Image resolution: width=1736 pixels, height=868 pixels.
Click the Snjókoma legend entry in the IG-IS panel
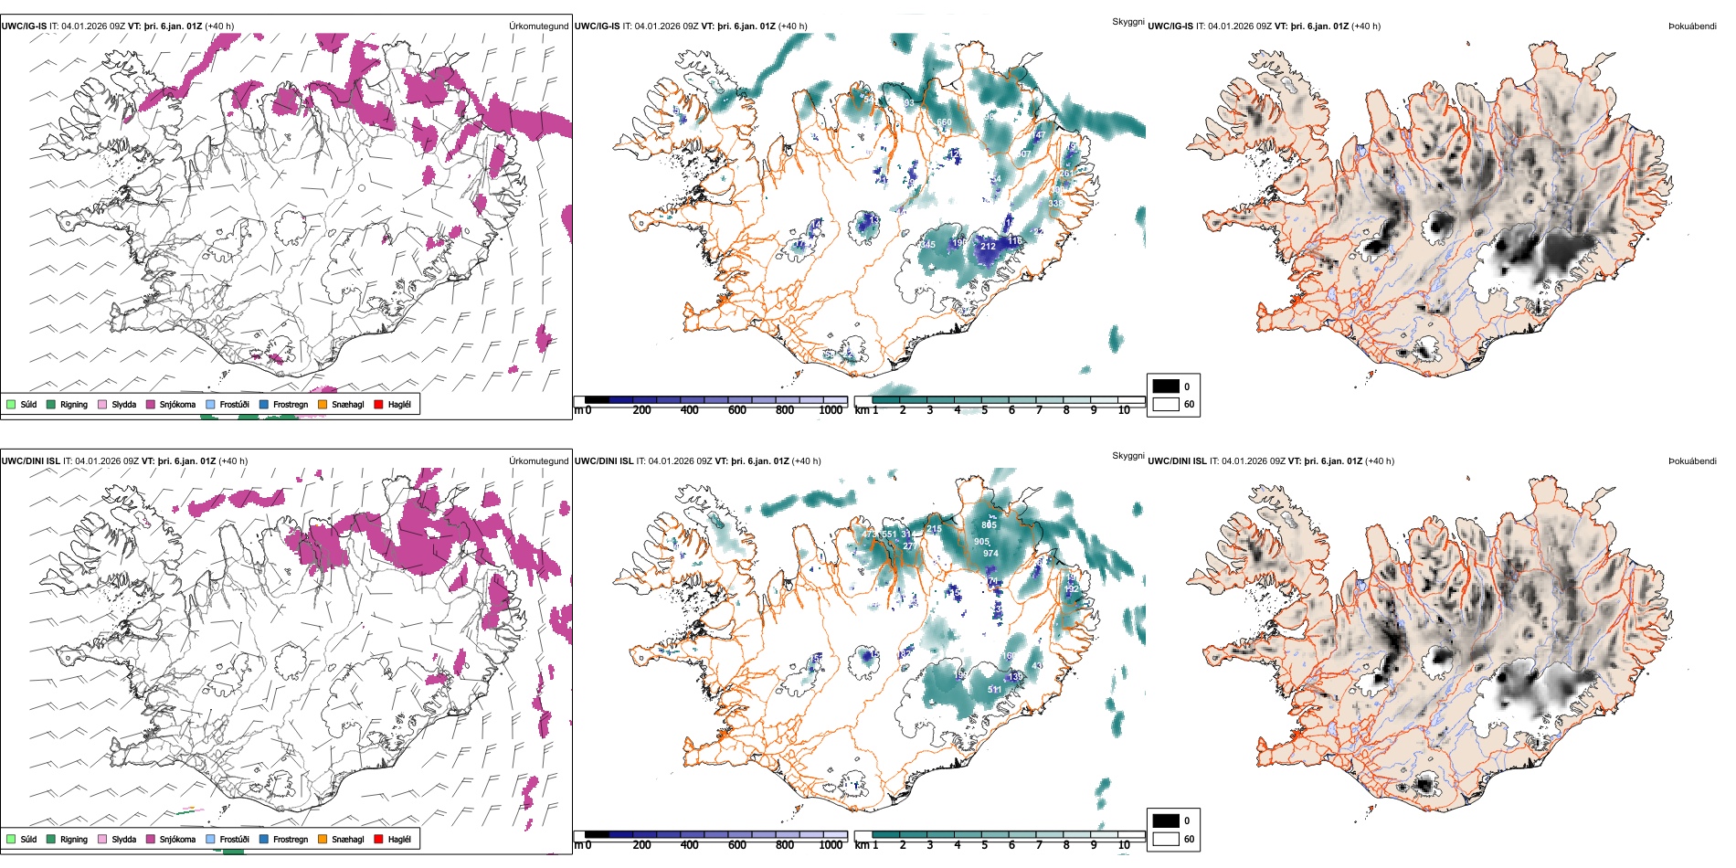pos(177,404)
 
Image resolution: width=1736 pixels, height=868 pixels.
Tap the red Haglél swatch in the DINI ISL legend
pos(378,839)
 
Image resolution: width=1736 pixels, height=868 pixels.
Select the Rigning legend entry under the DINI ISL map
pos(73,839)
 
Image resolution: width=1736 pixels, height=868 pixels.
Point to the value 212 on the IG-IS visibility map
pos(988,246)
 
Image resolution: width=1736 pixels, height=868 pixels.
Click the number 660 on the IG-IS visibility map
pos(944,122)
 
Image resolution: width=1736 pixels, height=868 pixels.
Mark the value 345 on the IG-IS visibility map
pos(927,244)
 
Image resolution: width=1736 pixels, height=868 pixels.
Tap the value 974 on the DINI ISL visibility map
pos(990,554)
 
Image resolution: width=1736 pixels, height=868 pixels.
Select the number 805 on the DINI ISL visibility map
pos(989,525)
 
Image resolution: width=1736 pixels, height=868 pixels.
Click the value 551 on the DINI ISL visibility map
pos(889,535)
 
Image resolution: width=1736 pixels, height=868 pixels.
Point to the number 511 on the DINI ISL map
pos(994,690)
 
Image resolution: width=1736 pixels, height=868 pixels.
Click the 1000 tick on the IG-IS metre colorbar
pos(831,410)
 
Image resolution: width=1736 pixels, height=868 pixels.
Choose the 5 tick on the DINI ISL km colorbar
pos(984,845)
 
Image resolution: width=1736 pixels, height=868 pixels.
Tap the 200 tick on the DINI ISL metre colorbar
pos(641,845)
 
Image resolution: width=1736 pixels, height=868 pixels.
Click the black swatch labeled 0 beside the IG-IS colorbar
pos(1166,386)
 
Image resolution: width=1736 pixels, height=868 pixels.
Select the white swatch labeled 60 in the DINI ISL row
pos(1166,838)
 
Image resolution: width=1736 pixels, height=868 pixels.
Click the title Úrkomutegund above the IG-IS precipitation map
pos(538,26)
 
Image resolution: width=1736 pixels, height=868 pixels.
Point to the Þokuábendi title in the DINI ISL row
pos(1692,461)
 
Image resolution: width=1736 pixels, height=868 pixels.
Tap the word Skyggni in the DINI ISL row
pos(1127,455)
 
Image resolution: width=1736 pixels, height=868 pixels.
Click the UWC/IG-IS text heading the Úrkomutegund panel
pos(24,26)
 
